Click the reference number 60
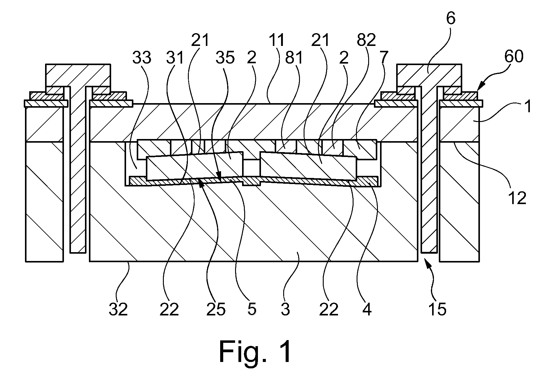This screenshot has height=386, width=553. point(514,57)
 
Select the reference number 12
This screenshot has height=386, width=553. point(517,198)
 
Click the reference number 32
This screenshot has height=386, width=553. point(118,309)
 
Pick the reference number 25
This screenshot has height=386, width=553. point(216,309)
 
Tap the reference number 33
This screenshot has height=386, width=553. point(142,57)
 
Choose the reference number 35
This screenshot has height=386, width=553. point(225,57)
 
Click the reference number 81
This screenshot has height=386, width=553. point(294,57)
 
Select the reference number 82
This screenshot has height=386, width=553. point(366,40)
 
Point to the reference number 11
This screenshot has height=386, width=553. point(276,40)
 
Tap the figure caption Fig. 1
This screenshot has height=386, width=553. point(255,352)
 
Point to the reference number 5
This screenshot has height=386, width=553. point(252,309)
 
